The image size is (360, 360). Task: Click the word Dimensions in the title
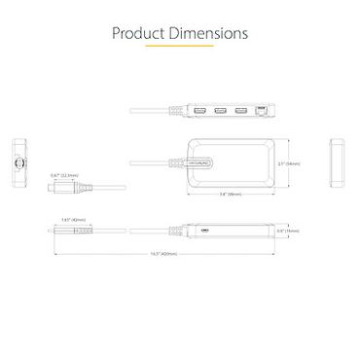tap(205, 34)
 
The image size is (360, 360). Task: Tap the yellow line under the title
tap(179, 56)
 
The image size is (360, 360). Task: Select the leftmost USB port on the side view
tap(198, 112)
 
